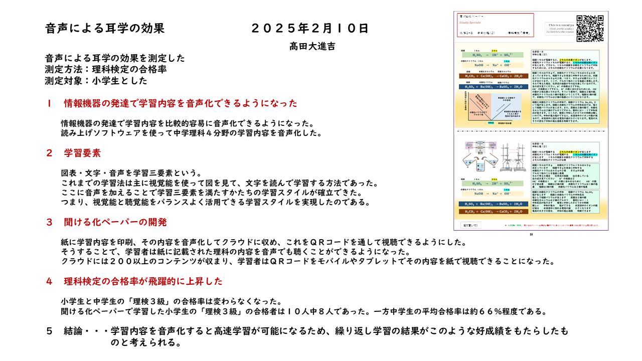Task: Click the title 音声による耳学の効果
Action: tap(105, 28)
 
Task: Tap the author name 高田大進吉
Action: tap(312, 46)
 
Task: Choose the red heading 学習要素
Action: tap(82, 153)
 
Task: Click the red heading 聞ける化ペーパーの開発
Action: tap(115, 222)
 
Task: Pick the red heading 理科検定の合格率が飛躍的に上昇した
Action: tap(143, 281)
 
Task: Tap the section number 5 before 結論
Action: tap(49, 331)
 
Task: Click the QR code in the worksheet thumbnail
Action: tap(590, 29)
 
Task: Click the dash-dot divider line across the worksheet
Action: tap(531, 132)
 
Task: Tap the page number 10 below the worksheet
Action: tap(531, 234)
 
